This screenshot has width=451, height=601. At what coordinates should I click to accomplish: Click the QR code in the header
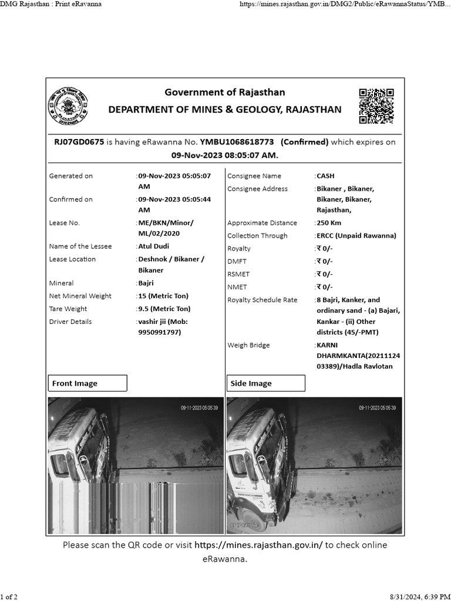click(x=376, y=106)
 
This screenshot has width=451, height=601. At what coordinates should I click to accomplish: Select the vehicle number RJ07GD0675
click(x=79, y=142)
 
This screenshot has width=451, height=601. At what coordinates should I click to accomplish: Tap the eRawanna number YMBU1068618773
click(x=237, y=142)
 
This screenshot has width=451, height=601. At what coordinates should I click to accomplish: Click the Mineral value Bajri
click(x=146, y=283)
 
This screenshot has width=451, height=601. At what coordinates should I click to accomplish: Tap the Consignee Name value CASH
click(x=325, y=176)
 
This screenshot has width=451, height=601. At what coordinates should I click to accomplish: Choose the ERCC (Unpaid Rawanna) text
click(x=356, y=236)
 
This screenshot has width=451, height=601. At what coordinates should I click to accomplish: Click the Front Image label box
click(x=87, y=383)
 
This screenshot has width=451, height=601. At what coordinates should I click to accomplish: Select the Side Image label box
click(x=265, y=383)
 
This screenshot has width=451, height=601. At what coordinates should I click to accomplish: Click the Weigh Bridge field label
click(x=248, y=345)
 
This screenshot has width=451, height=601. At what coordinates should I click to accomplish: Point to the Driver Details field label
click(x=70, y=322)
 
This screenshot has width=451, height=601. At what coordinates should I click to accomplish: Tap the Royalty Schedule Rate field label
click(x=262, y=300)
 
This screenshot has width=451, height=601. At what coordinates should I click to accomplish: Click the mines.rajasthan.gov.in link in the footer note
click(x=258, y=545)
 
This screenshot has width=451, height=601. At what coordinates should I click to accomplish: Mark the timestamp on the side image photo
click(x=377, y=407)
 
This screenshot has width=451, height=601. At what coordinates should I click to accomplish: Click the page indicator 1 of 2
click(x=9, y=597)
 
